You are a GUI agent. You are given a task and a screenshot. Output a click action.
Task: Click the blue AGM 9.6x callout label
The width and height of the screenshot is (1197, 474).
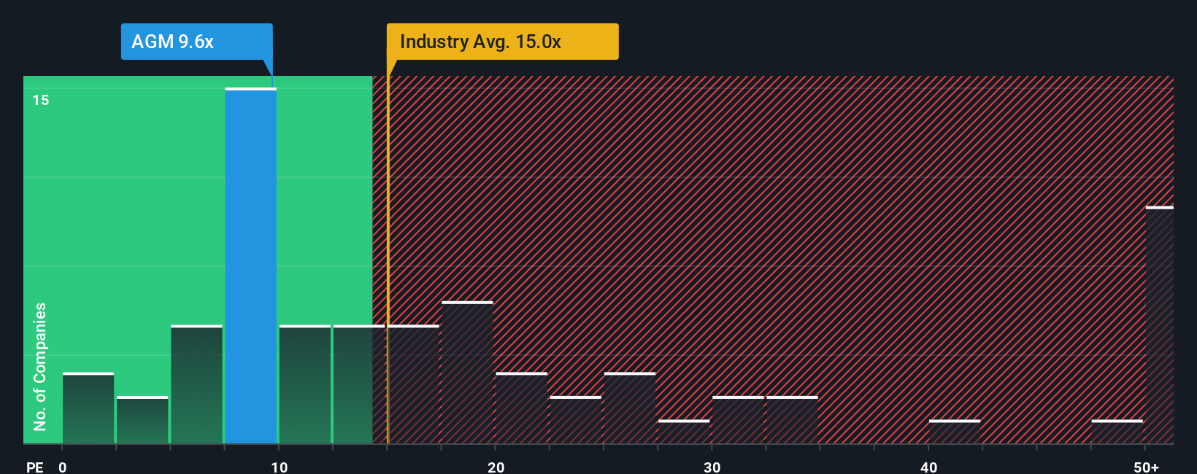point(196,42)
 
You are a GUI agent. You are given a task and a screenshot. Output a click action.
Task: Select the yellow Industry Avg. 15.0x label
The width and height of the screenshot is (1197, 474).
point(502,42)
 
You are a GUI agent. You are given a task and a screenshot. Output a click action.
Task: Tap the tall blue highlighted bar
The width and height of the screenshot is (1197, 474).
point(250,266)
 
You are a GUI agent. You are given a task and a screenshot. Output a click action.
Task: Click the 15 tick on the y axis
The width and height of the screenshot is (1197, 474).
point(41,100)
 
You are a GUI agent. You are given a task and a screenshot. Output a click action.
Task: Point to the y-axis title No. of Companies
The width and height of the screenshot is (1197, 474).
point(40,366)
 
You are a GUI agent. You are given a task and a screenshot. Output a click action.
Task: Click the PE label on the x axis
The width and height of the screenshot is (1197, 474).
point(34,467)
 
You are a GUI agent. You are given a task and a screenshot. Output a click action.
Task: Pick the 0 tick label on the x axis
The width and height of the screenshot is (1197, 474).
point(63,467)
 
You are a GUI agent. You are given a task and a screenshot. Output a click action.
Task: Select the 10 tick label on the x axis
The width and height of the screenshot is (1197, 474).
point(279,467)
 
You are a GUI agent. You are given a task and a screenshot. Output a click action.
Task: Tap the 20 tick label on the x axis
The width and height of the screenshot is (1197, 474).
point(496,467)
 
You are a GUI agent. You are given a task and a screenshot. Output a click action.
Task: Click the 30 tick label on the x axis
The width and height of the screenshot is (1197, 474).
point(712,467)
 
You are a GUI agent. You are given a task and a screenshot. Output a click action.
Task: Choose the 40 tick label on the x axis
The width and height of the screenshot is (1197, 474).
point(928,467)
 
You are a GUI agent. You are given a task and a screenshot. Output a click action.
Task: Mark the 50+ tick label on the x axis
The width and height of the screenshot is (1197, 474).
point(1146,467)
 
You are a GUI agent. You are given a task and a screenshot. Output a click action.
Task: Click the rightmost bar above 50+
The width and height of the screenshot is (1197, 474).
point(1159,325)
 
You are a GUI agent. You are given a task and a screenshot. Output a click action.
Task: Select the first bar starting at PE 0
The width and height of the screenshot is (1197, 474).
point(88,408)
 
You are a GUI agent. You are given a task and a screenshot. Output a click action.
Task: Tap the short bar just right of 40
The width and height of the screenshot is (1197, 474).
point(955,432)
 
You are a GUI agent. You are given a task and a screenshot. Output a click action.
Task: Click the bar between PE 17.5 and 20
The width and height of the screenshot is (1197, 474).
point(467,373)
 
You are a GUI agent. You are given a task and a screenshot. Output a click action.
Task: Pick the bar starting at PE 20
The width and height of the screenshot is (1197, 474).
point(521,408)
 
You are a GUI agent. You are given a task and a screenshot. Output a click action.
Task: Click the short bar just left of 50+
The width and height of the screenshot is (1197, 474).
point(1117,432)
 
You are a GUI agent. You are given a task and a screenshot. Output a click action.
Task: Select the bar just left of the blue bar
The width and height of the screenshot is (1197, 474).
point(196,384)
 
